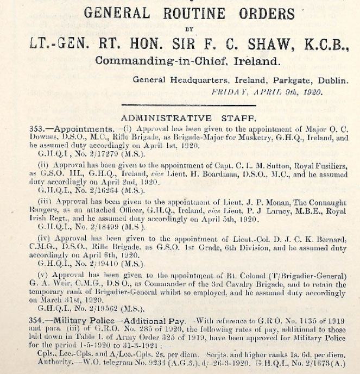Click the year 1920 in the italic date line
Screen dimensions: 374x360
311,91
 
